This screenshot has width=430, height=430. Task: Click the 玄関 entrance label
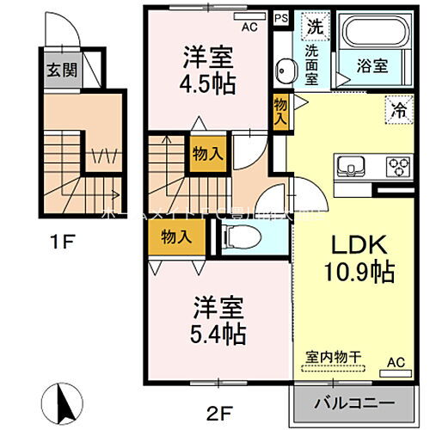point(58,69)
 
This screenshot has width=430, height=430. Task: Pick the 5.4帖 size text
point(219,331)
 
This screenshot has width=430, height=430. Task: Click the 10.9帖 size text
point(359,273)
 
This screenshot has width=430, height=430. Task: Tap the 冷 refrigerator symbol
point(398,109)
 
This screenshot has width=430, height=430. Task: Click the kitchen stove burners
point(399,164)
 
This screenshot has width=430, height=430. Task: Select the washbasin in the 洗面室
point(286,70)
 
